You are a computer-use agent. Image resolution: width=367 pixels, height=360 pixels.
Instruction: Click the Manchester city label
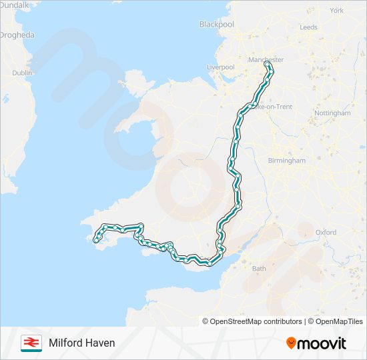pos(266,59)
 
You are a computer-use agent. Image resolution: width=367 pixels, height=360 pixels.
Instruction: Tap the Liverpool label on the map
pos(221,67)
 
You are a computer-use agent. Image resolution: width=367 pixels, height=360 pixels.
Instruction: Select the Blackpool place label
pos(216,25)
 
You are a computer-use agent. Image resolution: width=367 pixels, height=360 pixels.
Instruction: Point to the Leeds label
pos(309,27)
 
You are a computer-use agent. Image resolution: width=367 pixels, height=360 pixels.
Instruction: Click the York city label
pos(336,10)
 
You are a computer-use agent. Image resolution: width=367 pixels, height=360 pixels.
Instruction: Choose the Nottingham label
pos(332,113)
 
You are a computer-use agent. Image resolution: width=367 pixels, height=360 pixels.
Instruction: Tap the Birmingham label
pos(286,161)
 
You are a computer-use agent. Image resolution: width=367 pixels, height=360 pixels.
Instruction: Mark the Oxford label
pos(326,232)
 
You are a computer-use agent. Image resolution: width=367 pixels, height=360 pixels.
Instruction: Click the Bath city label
pos(258,269)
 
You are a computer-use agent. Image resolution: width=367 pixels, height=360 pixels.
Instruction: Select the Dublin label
pos(22,73)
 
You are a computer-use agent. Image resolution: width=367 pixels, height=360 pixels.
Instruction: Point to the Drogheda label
pos(17,35)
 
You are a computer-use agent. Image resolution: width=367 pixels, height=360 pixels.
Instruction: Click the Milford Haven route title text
pos(81,343)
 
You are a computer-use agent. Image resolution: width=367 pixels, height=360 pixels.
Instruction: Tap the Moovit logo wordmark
pos(322,343)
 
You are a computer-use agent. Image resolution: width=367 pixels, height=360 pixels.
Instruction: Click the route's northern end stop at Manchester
pos(268,65)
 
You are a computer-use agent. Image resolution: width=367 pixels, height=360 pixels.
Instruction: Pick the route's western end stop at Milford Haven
pos(97,239)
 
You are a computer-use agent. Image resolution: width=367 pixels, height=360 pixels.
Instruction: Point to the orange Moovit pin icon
pos(291,343)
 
